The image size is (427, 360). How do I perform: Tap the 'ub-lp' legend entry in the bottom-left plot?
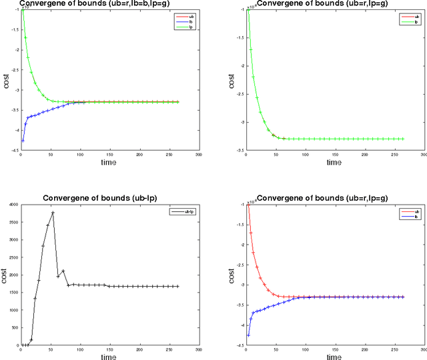pyautogui.click(x=179, y=211)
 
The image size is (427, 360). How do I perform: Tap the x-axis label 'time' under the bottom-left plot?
pyautogui.click(x=109, y=357)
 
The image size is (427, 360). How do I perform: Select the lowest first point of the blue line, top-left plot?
pyautogui.click(x=23, y=141)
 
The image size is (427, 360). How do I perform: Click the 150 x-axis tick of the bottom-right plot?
pyautogui.click(x=335, y=349)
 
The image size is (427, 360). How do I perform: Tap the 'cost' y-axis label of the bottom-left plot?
pyautogui.click(x=5, y=275)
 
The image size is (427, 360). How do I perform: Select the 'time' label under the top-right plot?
pyautogui.click(x=335, y=162)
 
